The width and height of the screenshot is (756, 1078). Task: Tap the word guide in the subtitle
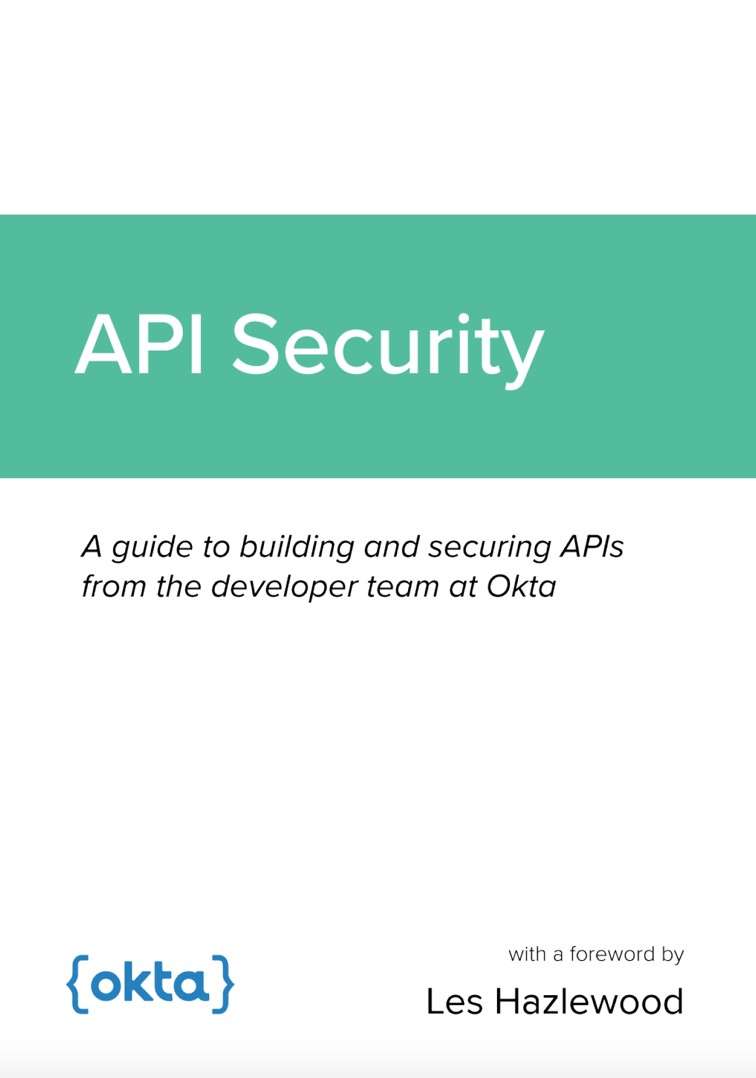pyautogui.click(x=152, y=548)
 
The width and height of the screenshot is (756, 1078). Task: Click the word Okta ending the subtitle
pyautogui.click(x=522, y=586)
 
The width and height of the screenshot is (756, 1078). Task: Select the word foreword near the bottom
pyautogui.click(x=612, y=954)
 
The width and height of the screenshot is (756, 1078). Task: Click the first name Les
pyautogui.click(x=455, y=1001)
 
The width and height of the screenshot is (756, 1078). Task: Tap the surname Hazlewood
pyautogui.click(x=589, y=1001)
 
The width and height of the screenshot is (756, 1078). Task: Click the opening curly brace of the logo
pyautogui.click(x=78, y=984)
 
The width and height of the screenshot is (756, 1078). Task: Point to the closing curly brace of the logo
pyautogui.click(x=223, y=984)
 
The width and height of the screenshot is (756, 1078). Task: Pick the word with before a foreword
pyautogui.click(x=527, y=954)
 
